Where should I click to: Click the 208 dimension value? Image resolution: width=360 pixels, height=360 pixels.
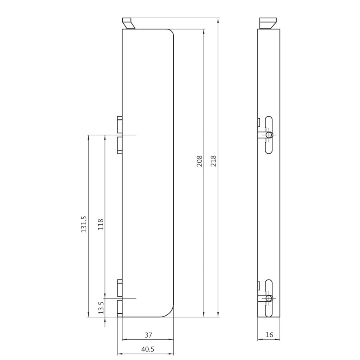point(200,161)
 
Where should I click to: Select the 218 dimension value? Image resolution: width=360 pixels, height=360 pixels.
point(213,161)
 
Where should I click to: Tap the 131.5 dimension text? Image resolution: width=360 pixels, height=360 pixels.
point(84,224)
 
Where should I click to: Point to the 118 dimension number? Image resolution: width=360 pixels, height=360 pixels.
point(101,225)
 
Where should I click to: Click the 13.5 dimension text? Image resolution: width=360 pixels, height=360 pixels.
point(101,308)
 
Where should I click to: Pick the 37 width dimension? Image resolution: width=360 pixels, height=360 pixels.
point(148,335)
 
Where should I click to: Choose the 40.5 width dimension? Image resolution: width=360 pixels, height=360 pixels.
point(148,349)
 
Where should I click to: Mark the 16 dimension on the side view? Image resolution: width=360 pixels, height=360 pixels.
point(269,335)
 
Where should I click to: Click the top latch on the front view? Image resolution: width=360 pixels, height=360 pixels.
point(129,23)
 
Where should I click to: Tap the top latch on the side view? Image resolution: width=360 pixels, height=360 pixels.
point(268,23)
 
